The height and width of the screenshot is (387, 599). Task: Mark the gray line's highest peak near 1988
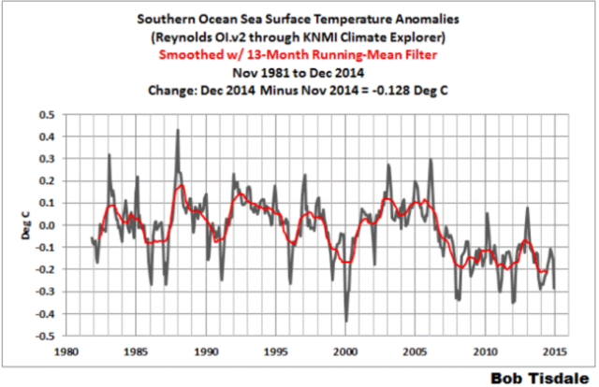click(x=177, y=130)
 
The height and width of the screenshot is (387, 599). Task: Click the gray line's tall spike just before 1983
click(x=109, y=155)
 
